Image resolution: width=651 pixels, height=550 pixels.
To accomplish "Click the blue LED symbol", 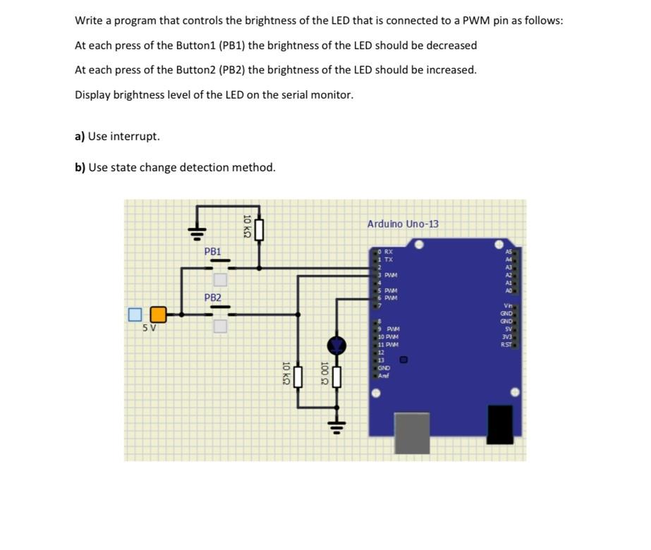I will pyautogui.click(x=337, y=345).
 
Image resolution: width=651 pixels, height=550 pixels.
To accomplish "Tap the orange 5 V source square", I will pyautogui.click(x=159, y=314).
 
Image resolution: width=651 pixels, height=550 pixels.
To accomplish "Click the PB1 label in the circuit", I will pyautogui.click(x=212, y=251).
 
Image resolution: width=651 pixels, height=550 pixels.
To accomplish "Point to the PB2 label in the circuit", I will pyautogui.click(x=212, y=298).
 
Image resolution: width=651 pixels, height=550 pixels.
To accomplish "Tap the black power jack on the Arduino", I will pyautogui.click(x=500, y=424).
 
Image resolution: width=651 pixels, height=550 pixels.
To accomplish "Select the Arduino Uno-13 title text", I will pyautogui.click(x=403, y=224).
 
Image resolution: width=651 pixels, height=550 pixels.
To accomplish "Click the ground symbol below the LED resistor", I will pyautogui.click(x=337, y=425).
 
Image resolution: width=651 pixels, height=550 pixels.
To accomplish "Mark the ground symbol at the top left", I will pyautogui.click(x=197, y=231).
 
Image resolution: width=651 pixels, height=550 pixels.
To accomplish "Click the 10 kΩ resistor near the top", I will pyautogui.click(x=259, y=228).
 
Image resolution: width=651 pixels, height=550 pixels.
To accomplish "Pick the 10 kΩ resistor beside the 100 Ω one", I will pyautogui.click(x=298, y=377).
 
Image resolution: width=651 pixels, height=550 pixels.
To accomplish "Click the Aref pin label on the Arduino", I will pyautogui.click(x=383, y=375).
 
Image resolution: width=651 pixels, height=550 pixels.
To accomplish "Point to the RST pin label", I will pyautogui.click(x=506, y=344).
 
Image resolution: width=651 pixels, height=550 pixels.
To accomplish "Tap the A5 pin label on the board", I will pyautogui.click(x=509, y=251).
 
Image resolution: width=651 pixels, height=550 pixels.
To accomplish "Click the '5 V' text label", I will pyautogui.click(x=150, y=328).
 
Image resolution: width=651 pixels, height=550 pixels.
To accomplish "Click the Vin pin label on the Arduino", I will pyautogui.click(x=507, y=305).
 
